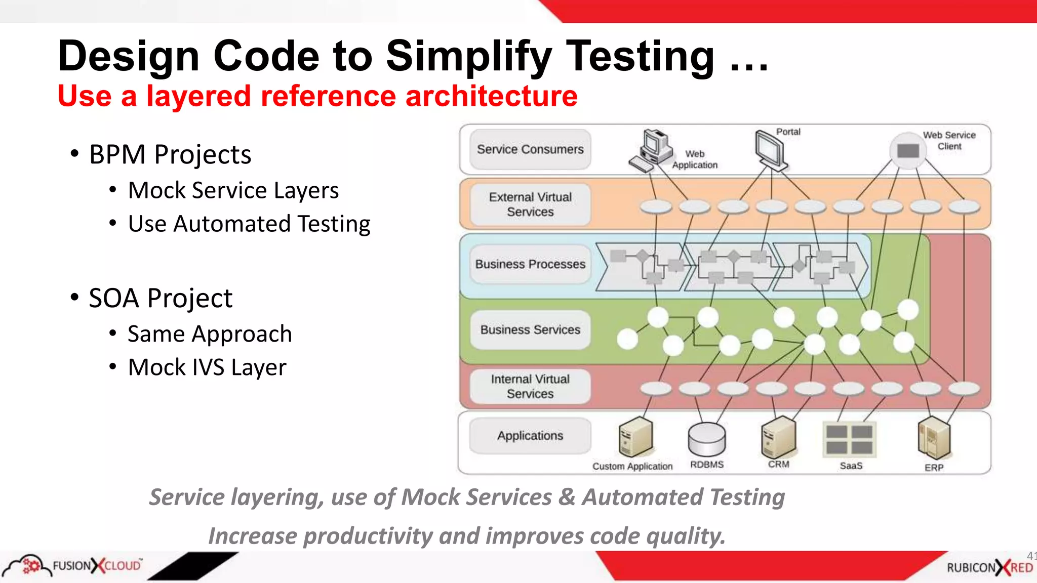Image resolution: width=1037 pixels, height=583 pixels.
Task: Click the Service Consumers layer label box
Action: (x=530, y=149)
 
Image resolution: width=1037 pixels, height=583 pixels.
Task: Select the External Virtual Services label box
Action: (x=530, y=204)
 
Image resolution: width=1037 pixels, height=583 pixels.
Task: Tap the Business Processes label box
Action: (x=530, y=264)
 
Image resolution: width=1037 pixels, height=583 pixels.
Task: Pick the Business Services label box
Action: (x=530, y=330)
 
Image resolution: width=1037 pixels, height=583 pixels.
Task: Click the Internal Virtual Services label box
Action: (x=530, y=387)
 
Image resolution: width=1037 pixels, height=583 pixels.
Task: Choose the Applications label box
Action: (x=530, y=436)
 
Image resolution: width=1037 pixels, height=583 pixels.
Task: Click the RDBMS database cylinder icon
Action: (x=707, y=439)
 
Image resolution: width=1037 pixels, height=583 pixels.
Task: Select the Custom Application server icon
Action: (x=635, y=437)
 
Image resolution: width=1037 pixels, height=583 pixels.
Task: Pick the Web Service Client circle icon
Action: (x=908, y=150)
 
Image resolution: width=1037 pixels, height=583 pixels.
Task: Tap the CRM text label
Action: (x=778, y=464)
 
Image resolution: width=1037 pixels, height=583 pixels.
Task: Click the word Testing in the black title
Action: (x=640, y=56)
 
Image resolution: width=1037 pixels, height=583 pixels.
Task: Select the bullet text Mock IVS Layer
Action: (x=207, y=367)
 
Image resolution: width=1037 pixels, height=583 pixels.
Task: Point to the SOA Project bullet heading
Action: (x=161, y=298)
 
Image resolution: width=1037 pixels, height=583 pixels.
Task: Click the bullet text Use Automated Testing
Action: (x=249, y=224)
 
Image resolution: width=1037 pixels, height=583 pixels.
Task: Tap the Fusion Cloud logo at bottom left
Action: (x=73, y=565)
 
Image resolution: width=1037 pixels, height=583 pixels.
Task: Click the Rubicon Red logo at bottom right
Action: (x=989, y=567)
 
